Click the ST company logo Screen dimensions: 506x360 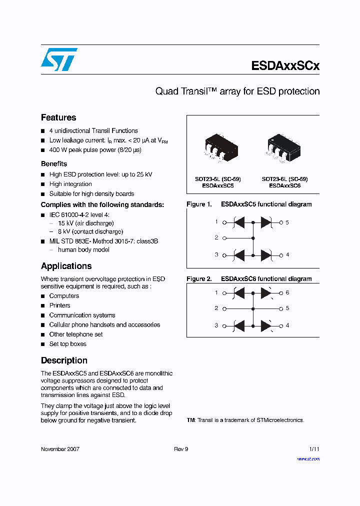click(x=59, y=59)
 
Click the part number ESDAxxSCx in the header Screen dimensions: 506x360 click(x=285, y=66)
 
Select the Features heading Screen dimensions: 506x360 click(x=58, y=117)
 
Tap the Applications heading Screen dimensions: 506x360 click(x=66, y=266)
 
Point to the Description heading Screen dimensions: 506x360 click(x=64, y=360)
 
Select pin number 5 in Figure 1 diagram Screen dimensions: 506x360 click(x=287, y=222)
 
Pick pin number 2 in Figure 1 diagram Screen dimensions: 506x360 click(x=216, y=238)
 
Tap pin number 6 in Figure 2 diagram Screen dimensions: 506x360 click(x=287, y=292)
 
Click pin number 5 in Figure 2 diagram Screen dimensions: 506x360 click(x=287, y=308)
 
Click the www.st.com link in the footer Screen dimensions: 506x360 click(x=308, y=458)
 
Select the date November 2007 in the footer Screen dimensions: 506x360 click(x=60, y=449)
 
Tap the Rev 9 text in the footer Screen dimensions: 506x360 click(x=181, y=449)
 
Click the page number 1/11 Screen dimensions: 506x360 click(x=314, y=449)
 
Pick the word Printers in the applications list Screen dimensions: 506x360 click(x=59, y=305)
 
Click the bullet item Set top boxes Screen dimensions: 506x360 click(x=67, y=344)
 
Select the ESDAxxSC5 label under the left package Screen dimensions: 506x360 click(x=218, y=185)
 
